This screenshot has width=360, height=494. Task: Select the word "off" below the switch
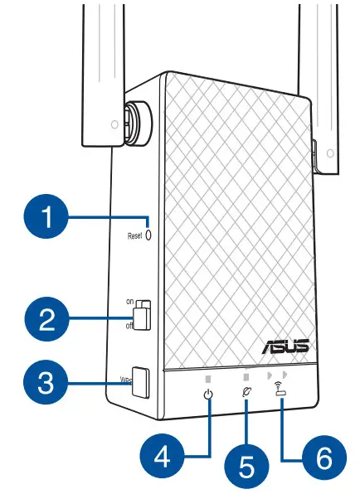click(x=131, y=327)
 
